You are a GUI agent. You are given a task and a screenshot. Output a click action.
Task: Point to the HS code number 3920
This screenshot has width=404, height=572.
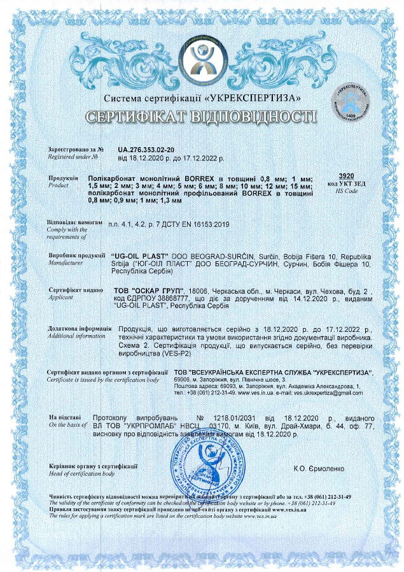[347, 175]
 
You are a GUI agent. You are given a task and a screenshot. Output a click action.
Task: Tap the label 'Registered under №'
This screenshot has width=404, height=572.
[73, 156]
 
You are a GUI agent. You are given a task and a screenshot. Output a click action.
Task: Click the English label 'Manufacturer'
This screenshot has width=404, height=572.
[66, 261]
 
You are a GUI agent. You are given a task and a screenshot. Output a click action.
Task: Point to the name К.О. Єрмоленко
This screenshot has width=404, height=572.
[319, 468]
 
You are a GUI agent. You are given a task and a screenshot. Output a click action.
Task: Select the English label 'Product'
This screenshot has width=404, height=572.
[59, 184]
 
